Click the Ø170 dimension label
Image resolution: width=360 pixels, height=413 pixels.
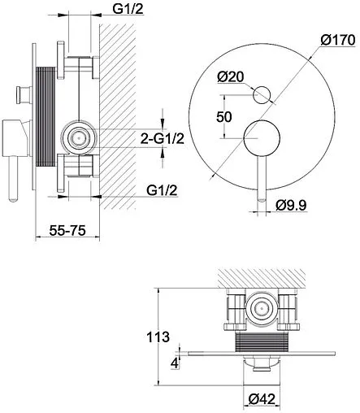pyautogui.click(x=337, y=40)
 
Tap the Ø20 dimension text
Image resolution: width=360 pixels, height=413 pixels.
pyautogui.click(x=231, y=77)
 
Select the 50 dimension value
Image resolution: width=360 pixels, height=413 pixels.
pyautogui.click(x=224, y=117)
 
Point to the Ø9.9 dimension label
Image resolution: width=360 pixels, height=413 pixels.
pyautogui.click(x=291, y=205)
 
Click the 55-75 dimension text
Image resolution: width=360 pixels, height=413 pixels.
pyautogui.click(x=67, y=231)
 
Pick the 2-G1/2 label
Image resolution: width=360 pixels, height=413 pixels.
pyautogui.click(x=163, y=139)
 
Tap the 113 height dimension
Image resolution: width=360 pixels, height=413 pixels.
pyautogui.click(x=158, y=337)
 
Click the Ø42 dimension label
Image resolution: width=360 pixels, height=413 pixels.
pyautogui.click(x=262, y=399)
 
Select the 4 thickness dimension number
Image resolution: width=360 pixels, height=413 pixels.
pyautogui.click(x=176, y=363)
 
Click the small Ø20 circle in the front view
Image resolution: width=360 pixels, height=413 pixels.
pyautogui.click(x=262, y=95)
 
